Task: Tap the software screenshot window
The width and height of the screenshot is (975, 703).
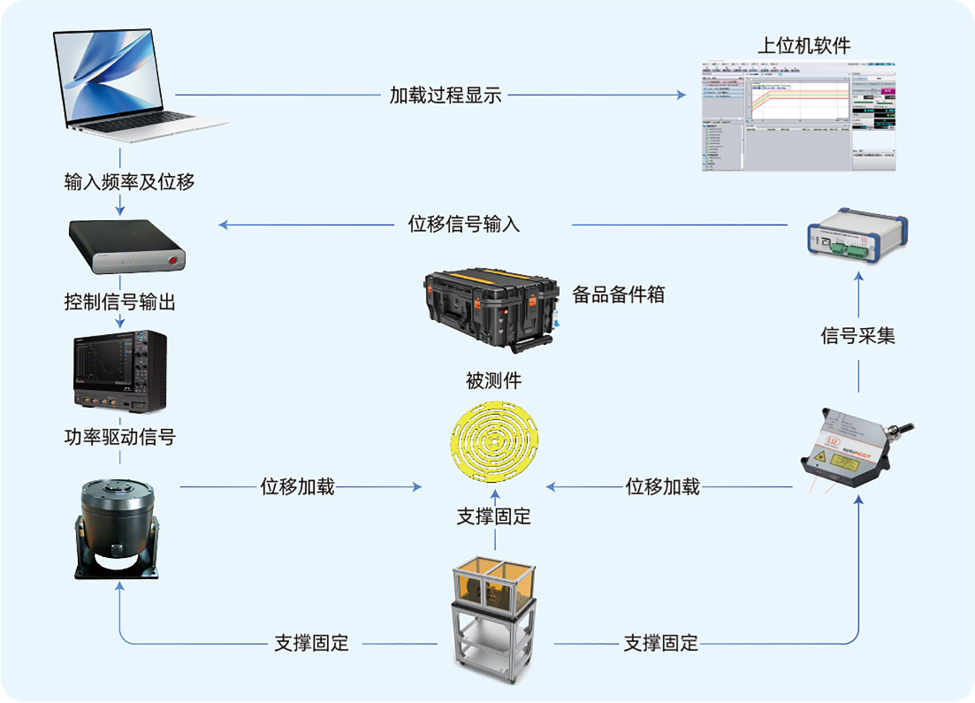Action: click(797, 115)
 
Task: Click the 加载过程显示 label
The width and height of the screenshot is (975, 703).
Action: click(446, 96)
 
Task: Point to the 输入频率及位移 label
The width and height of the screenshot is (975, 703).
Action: click(129, 182)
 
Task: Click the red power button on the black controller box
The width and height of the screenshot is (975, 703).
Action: click(172, 259)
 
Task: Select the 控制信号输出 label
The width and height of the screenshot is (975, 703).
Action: click(120, 302)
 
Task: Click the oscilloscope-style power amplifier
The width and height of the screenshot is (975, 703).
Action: click(119, 372)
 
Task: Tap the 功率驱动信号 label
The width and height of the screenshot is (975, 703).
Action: click(120, 437)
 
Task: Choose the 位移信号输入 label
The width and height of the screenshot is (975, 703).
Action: click(464, 225)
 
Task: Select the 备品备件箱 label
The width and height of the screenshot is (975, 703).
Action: click(619, 295)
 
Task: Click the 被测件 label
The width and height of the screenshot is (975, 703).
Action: click(493, 381)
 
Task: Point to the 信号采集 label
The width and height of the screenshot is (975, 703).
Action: click(857, 336)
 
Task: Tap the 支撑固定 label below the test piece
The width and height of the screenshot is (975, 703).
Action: click(493, 516)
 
